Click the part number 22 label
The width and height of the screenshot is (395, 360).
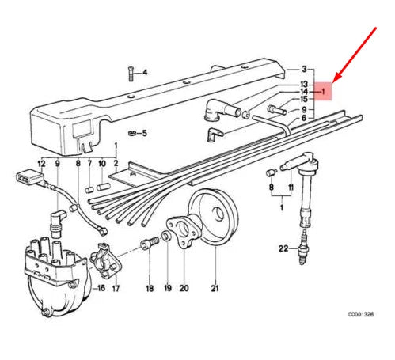pyautogui.click(x=283, y=248)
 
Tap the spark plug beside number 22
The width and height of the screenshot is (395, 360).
pyautogui.click(x=302, y=248)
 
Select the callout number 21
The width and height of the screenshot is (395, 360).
pyautogui.click(x=215, y=288)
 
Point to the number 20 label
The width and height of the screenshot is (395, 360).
pyautogui.click(x=184, y=288)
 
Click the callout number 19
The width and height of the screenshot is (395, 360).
pyautogui.click(x=168, y=288)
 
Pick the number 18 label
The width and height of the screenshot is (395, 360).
pyautogui.click(x=150, y=288)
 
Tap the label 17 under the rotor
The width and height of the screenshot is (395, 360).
pyautogui.click(x=116, y=288)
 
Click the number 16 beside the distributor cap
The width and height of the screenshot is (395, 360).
pyautogui.click(x=101, y=288)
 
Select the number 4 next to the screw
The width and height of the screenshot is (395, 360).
pyautogui.click(x=145, y=73)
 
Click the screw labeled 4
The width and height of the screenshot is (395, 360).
pyautogui.click(x=131, y=74)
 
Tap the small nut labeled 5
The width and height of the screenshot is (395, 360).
pyautogui.click(x=132, y=133)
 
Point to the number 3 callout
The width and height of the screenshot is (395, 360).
pyautogui.click(x=304, y=69)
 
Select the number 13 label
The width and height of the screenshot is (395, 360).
pyautogui.click(x=304, y=85)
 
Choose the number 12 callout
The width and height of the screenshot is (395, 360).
pyautogui.click(x=42, y=164)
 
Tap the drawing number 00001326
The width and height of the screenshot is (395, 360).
pyautogui.click(x=361, y=314)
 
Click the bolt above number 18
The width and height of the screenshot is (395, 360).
pyautogui.click(x=150, y=243)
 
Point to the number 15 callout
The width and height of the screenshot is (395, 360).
pyautogui.click(x=304, y=99)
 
